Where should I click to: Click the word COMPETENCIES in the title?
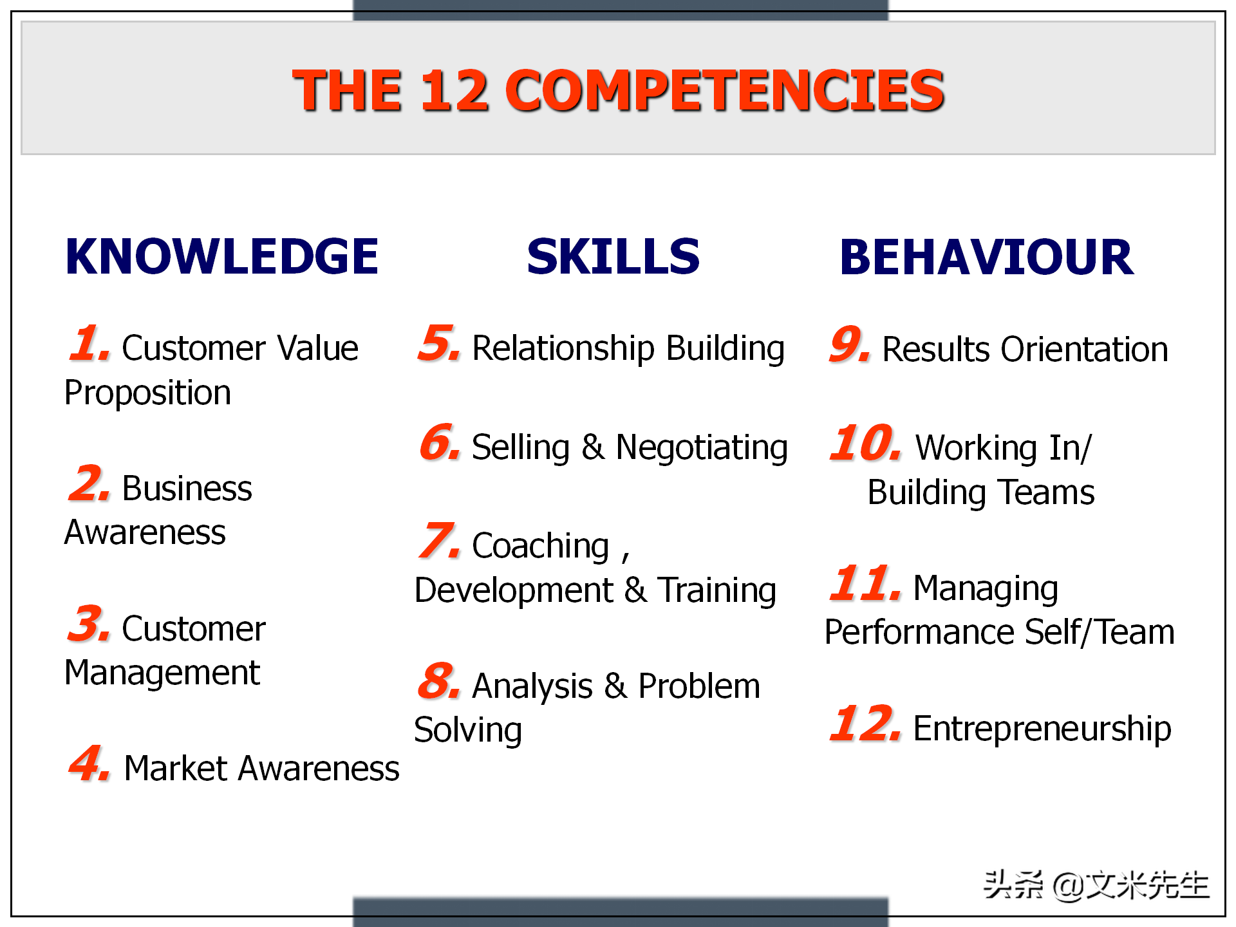725,90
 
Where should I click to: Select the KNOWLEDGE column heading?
222,257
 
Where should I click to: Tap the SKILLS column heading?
613,257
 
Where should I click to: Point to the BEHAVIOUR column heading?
986,257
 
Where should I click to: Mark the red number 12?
865,723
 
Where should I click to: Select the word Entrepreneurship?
1042,730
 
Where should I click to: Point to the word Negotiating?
702,448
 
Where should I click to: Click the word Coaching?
541,547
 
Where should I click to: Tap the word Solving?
468,731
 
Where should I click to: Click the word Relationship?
563,350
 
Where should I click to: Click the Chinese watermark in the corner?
1096,885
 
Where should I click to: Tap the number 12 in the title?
454,90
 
